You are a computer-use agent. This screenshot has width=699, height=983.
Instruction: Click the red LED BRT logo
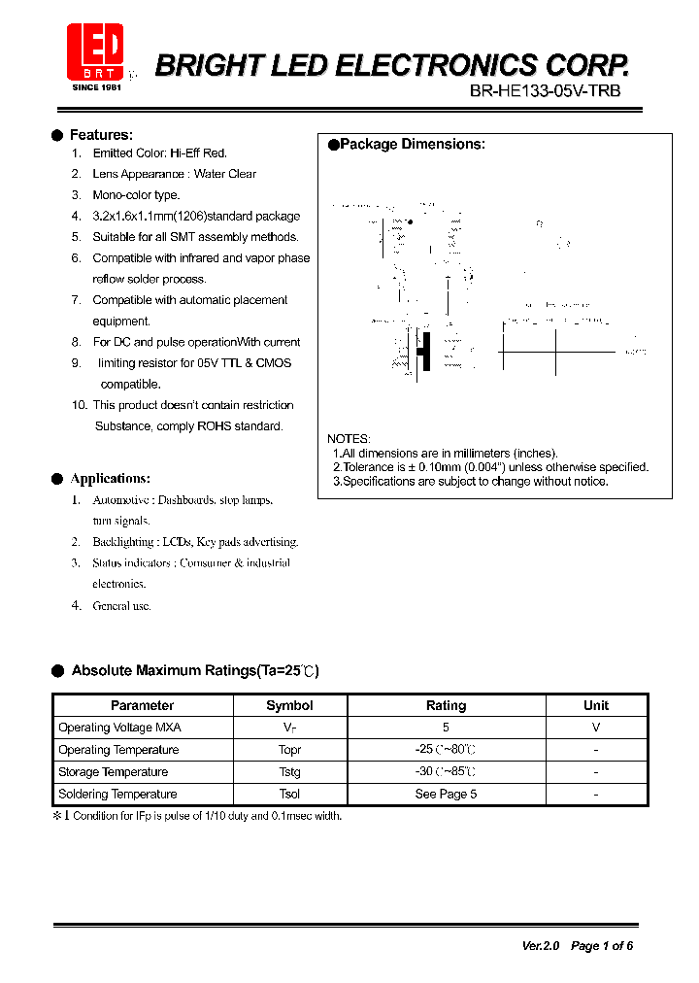click(x=95, y=51)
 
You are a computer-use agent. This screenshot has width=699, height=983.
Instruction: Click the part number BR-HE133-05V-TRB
click(x=544, y=91)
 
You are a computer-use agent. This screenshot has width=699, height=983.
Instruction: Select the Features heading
click(x=101, y=135)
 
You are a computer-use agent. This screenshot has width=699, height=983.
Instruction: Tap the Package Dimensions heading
click(x=412, y=145)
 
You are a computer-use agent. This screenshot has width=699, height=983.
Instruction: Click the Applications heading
click(x=110, y=479)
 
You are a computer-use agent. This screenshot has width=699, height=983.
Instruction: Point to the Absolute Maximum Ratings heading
click(x=194, y=671)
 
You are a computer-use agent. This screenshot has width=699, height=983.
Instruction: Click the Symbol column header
click(x=289, y=706)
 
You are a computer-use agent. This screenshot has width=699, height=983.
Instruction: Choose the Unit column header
click(x=596, y=706)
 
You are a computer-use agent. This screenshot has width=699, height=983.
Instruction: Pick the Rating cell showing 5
click(x=447, y=728)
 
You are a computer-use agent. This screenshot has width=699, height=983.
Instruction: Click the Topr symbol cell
click(x=289, y=750)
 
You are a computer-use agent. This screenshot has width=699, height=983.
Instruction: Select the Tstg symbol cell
click(x=289, y=772)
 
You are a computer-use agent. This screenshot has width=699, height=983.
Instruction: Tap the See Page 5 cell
click(x=447, y=795)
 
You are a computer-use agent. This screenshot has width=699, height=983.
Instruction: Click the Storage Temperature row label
click(x=113, y=772)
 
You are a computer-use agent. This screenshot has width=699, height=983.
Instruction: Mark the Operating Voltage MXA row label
click(x=119, y=728)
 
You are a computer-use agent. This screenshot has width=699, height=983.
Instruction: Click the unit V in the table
click(x=596, y=728)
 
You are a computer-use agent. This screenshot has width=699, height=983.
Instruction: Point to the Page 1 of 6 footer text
click(x=602, y=945)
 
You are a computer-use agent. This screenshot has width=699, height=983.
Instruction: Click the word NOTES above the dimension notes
click(x=349, y=439)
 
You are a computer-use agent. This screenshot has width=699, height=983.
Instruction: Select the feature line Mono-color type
click(x=136, y=195)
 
